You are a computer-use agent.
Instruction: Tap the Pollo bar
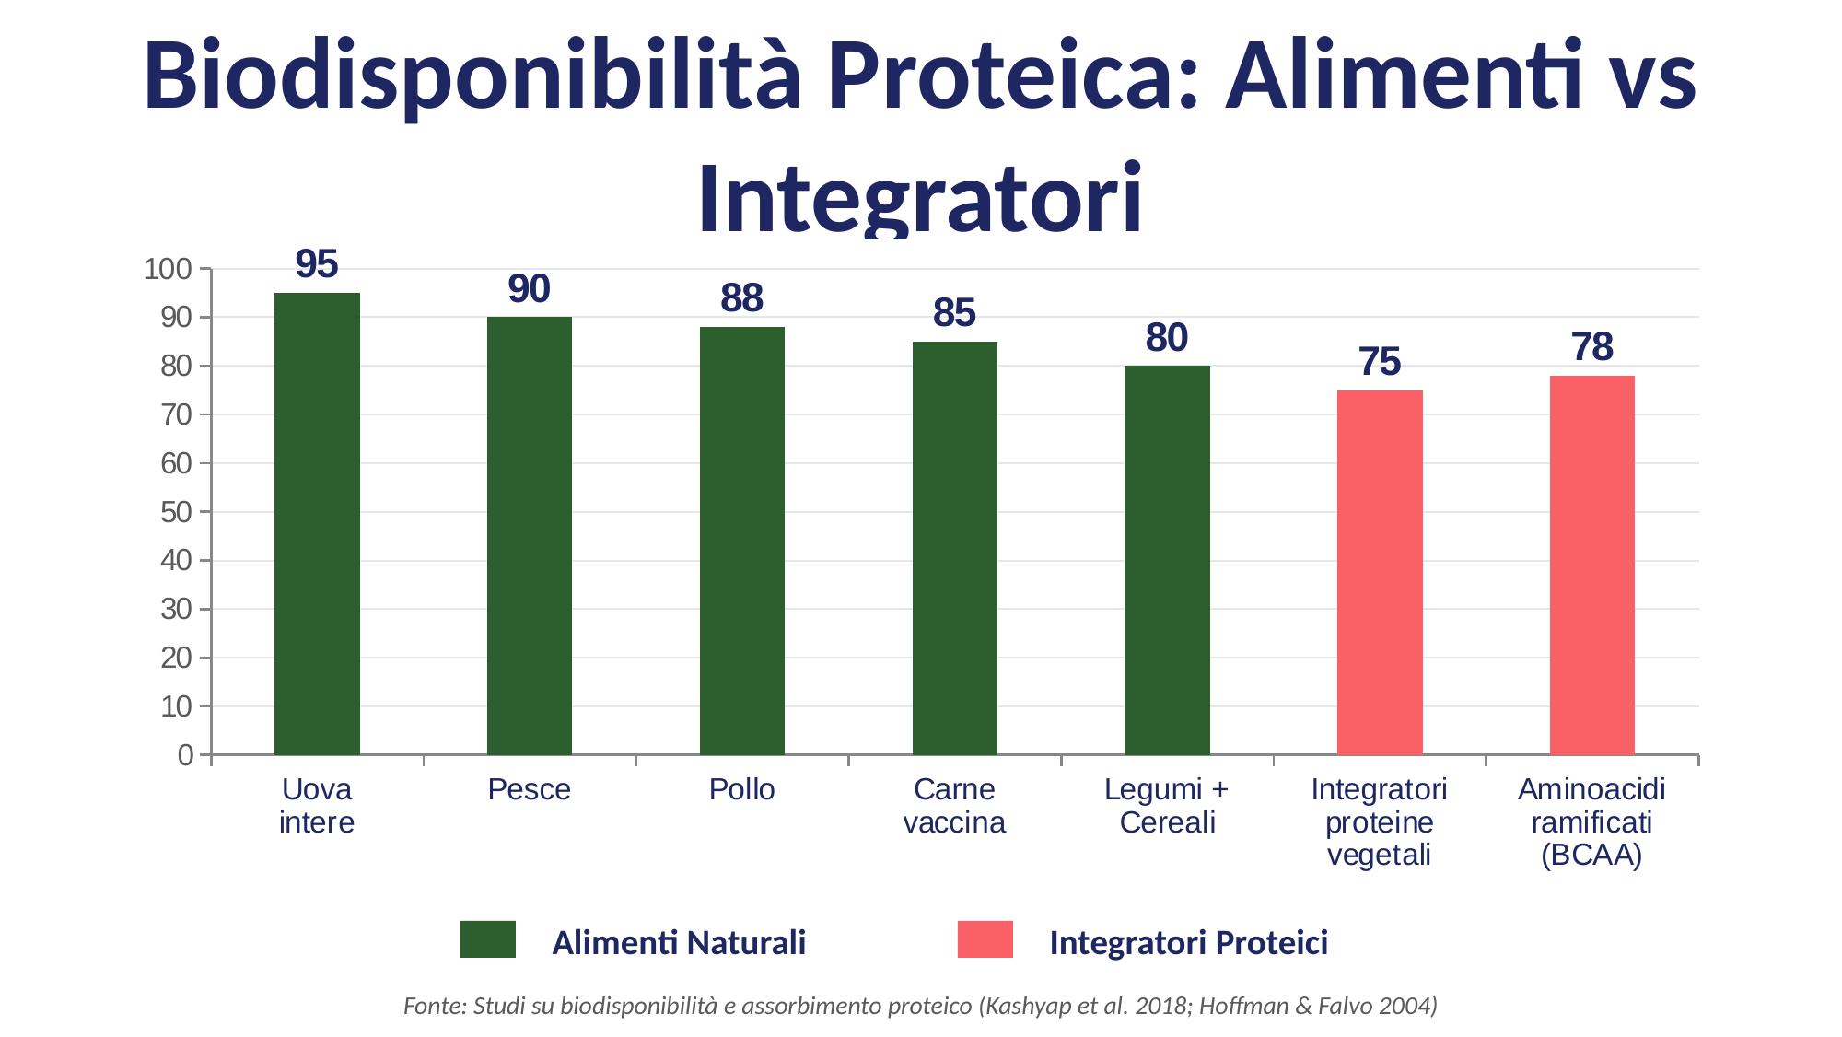coord(741,541)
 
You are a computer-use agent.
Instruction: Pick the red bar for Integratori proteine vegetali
coord(1380,572)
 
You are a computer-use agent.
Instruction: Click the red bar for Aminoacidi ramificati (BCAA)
coord(1591,565)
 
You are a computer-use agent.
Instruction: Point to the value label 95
coord(317,265)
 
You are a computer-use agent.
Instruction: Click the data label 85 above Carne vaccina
coord(954,314)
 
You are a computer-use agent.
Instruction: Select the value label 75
coord(1380,363)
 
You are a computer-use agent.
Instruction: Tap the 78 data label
coord(1591,348)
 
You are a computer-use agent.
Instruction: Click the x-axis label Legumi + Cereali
coord(1167,806)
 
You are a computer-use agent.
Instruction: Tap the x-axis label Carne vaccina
coord(954,806)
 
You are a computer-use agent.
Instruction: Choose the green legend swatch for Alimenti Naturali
coord(488,939)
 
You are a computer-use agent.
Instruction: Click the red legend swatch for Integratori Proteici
coord(985,939)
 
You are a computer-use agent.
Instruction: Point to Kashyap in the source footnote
coord(1016,1007)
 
